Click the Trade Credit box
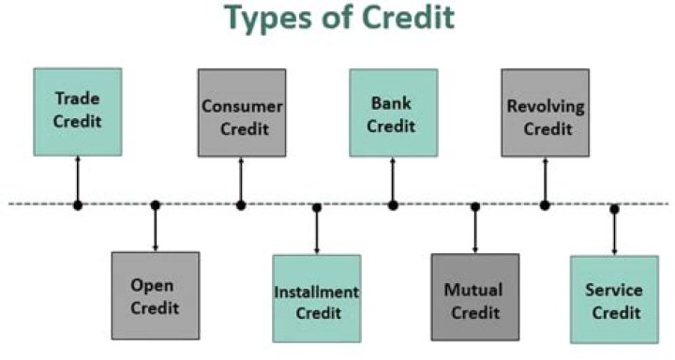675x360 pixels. (x=78, y=111)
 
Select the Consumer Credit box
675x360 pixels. (x=242, y=112)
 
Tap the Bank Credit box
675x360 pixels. (x=393, y=112)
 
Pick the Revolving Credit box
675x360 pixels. (x=545, y=112)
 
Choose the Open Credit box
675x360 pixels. (x=155, y=295)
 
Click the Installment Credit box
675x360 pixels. (x=317, y=299)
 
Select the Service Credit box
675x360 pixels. (x=614, y=299)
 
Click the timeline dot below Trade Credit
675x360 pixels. (x=78, y=204)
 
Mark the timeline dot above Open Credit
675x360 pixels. (x=156, y=205)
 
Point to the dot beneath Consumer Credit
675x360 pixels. (x=241, y=204)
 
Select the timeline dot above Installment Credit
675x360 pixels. (x=317, y=207)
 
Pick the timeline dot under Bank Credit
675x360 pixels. (x=393, y=204)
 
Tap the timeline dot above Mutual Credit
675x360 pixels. (x=474, y=206)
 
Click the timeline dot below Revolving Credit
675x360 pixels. (x=545, y=204)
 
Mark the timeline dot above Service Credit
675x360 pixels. (x=614, y=208)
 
